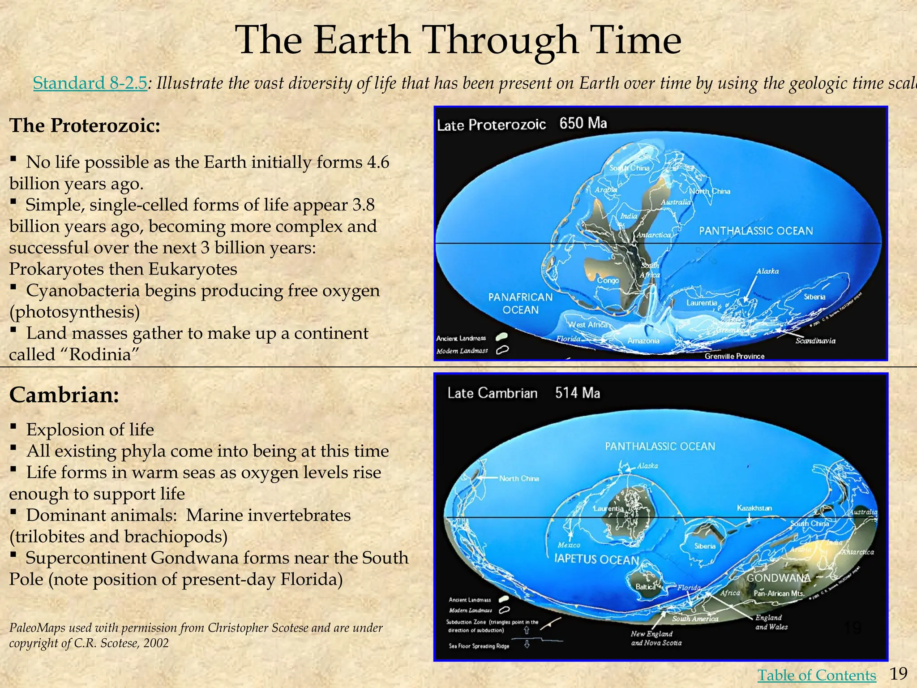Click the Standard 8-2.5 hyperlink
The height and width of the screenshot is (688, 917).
90,83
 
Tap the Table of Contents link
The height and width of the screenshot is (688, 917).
816,675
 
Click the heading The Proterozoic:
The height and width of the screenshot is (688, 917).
85,125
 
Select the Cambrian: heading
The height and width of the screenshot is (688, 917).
64,395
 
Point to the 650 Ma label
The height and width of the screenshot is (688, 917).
583,123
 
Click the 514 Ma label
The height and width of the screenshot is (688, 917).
578,393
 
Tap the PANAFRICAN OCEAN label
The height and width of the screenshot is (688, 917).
520,303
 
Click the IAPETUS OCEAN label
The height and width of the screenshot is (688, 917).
596,559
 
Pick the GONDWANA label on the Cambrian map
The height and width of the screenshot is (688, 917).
778,578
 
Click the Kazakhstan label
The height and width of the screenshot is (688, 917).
754,508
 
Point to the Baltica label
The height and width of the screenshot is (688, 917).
646,586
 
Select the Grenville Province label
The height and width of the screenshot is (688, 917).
734,356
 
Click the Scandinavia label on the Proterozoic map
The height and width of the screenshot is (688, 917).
815,341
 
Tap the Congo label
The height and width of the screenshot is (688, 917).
608,280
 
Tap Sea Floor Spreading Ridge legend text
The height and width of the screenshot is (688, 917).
479,646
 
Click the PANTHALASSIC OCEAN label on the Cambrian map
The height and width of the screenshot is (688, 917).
660,446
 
